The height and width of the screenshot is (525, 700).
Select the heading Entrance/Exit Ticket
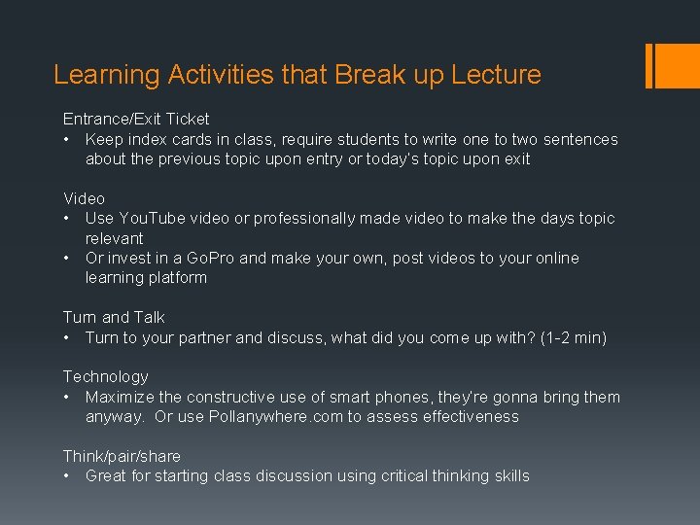(x=136, y=119)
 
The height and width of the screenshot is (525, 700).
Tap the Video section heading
(x=84, y=198)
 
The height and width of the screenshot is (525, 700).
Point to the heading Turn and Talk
(x=114, y=317)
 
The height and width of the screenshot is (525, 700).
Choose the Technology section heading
(x=106, y=376)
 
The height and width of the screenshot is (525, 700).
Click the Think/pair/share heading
(x=122, y=456)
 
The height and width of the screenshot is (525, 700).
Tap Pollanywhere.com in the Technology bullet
(x=262, y=416)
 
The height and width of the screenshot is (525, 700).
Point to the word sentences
(x=580, y=139)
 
